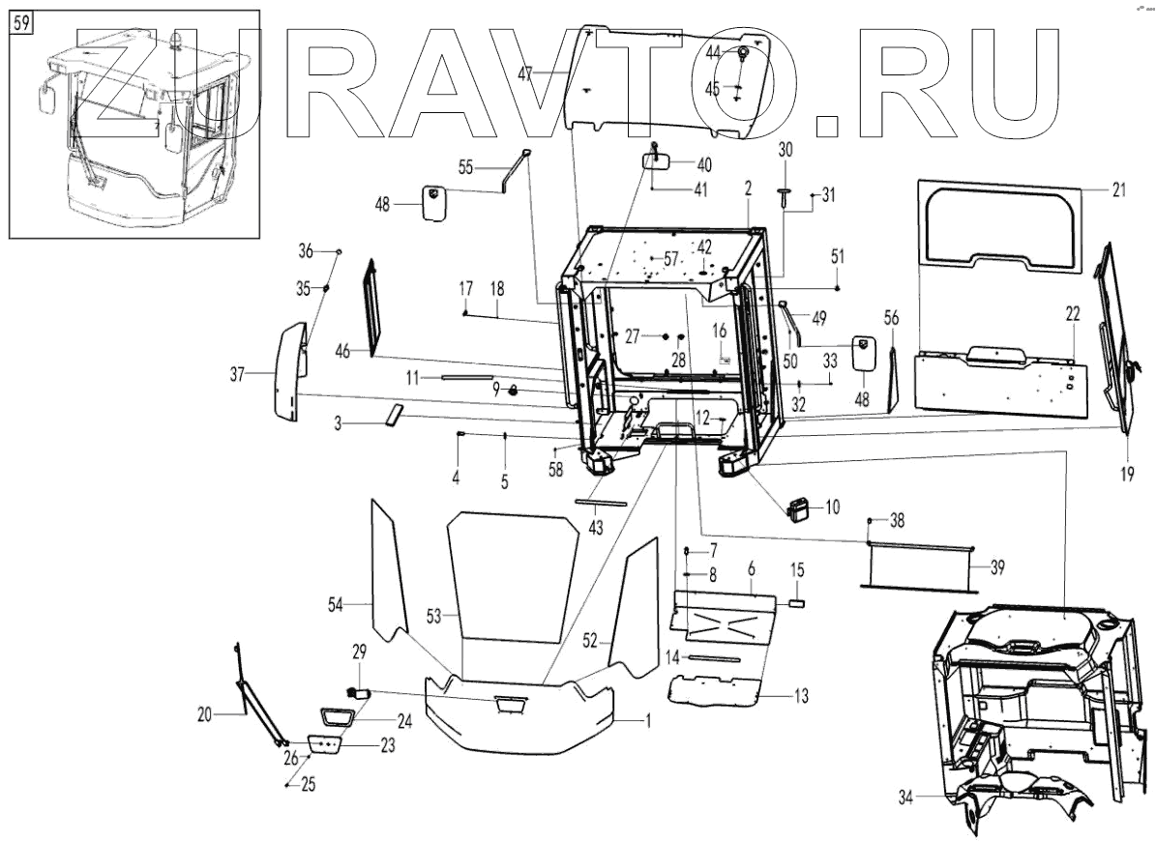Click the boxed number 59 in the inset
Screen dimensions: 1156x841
coord(20,22)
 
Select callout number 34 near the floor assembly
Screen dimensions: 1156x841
coord(904,797)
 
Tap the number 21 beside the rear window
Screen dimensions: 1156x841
coord(1119,190)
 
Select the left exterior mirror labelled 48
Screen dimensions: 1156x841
coord(431,203)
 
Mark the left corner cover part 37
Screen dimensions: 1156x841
coord(287,372)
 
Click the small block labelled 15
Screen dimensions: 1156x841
coord(797,601)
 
